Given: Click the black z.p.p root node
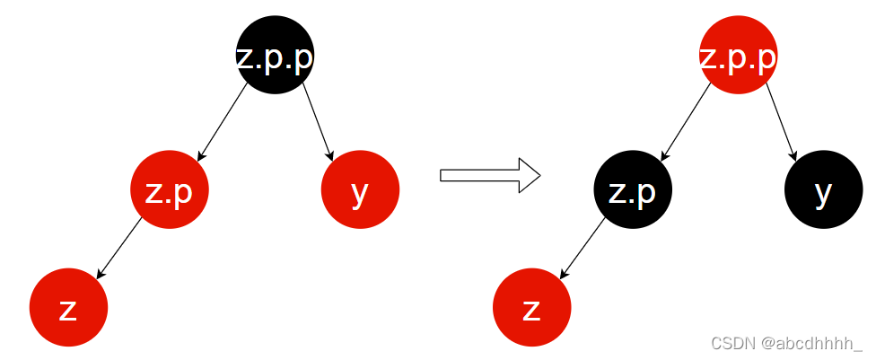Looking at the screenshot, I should coord(275,56).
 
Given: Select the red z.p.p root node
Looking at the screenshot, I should coord(738,56).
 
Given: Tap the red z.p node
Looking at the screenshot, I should coord(169,190).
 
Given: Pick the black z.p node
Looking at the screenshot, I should coord(632,190).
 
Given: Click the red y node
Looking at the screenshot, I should coord(360,190).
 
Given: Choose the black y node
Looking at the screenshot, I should coord(823,190).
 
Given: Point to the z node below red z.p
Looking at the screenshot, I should coord(68,307).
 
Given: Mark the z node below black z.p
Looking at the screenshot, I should coord(531,307).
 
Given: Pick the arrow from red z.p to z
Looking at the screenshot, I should coord(119,248).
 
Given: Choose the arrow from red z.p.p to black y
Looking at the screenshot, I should coord(781,122).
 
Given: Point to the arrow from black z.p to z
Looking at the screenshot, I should coord(583,248).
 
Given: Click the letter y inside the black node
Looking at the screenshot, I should coord(823,193).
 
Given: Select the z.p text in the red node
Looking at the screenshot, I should coord(169,192).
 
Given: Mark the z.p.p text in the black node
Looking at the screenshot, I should coord(275,57).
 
